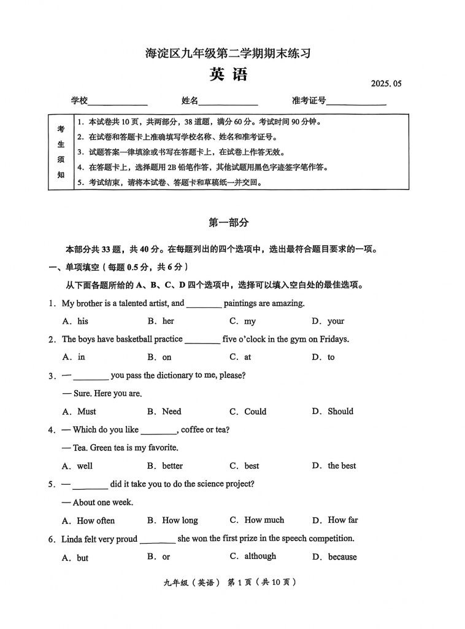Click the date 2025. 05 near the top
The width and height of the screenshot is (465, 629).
[385, 84]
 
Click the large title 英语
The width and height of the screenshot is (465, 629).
[228, 75]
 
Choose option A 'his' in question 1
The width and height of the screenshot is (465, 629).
[82, 321]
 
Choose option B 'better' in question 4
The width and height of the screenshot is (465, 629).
[172, 466]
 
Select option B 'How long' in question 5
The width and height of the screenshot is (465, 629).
[180, 520]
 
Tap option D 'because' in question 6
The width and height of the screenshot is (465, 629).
[342, 557]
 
